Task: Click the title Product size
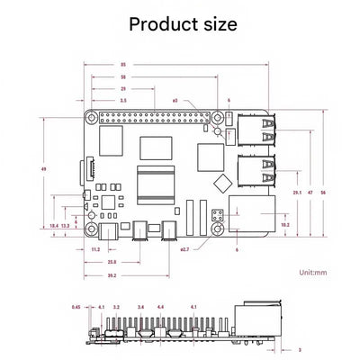click(183, 24)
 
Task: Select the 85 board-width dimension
click(122, 64)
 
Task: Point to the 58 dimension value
click(122, 77)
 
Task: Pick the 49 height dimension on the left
click(44, 168)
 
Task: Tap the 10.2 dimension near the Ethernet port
click(285, 224)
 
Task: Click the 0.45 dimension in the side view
click(77, 307)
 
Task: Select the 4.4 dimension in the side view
click(160, 307)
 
